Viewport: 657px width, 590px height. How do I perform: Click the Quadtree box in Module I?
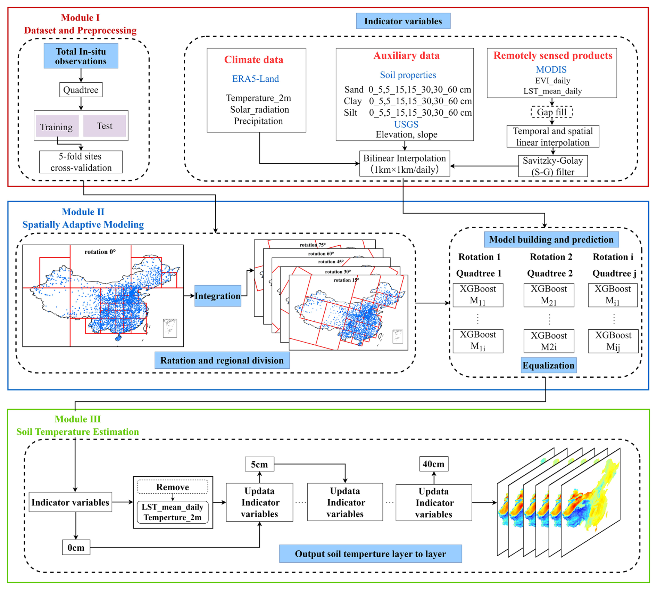[81, 90]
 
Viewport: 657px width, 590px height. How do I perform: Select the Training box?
[57, 126]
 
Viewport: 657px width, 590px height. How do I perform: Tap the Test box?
[105, 126]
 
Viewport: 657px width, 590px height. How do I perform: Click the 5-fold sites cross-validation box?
[81, 162]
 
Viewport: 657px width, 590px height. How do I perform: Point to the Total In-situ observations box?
[81, 56]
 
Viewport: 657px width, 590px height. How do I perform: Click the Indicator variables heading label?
[403, 21]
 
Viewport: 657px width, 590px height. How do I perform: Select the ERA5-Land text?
[255, 79]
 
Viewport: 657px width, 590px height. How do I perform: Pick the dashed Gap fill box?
[551, 112]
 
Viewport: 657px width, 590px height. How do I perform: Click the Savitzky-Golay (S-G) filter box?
[552, 166]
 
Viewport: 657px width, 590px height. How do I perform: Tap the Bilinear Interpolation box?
[405, 164]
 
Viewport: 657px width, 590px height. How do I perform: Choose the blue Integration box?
[218, 296]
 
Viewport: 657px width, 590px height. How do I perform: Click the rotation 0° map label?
[100, 252]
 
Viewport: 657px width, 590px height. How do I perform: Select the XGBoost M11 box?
[478, 295]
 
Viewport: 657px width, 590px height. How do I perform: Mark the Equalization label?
[548, 366]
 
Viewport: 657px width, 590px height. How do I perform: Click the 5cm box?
[259, 464]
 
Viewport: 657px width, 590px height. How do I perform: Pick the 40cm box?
[433, 464]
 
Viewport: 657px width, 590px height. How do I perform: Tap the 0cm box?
[76, 548]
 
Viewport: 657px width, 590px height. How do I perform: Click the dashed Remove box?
[173, 487]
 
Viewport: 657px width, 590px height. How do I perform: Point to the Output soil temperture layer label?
[370, 554]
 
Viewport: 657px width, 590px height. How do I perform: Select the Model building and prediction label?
[551, 240]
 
